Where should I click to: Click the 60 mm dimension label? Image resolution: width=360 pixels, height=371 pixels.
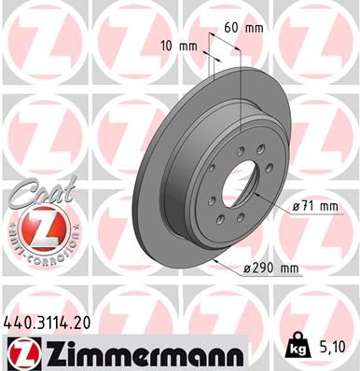237,27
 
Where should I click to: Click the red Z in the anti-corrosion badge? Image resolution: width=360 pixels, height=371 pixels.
35,228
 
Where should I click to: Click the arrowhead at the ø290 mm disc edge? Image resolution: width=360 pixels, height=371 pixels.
217,263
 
